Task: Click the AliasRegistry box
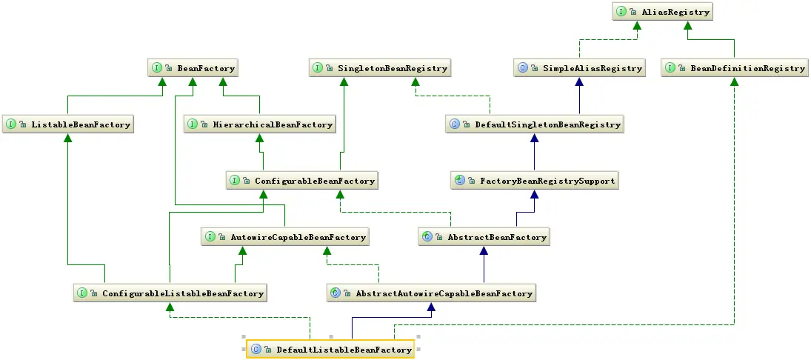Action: pos(661,12)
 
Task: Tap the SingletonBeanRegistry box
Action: pos(380,68)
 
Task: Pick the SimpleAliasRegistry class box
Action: pos(580,68)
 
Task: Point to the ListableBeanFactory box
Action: pos(68,124)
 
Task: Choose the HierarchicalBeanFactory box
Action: pos(260,124)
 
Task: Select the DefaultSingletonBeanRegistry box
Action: pos(535,124)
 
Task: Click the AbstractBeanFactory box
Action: pos(484,237)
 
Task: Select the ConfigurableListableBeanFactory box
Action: pos(170,293)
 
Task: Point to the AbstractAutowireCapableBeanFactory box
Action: pos(432,293)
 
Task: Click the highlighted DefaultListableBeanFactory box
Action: pos(330,350)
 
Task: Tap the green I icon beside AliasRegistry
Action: pos(620,12)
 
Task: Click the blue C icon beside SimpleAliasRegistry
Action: pos(523,68)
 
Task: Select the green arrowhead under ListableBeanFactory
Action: pos(68,139)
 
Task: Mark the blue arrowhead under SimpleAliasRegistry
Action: pos(580,82)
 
